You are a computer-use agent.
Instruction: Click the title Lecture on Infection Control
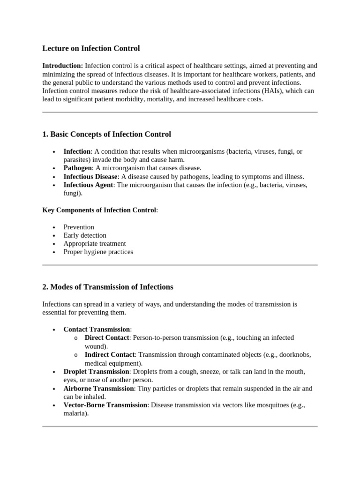pos(91,48)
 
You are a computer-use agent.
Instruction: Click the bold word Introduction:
pos(63,66)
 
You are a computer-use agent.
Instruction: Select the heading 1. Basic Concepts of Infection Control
pos(106,135)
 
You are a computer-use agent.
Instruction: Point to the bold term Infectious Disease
pos(90,177)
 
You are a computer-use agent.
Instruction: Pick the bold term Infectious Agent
pos(88,185)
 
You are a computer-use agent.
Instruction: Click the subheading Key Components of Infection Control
pos(99,210)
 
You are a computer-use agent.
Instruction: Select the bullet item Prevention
pos(79,227)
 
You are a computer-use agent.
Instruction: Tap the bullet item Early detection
pos(85,235)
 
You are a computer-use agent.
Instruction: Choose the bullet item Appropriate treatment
pos(95,244)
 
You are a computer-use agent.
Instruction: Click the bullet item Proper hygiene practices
pos(98,252)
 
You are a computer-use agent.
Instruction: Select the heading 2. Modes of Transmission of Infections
pos(107,287)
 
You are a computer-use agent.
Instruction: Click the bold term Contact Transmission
pos(97,330)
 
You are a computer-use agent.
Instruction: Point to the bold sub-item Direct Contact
pos(106,338)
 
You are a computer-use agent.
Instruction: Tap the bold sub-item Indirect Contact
pos(110,355)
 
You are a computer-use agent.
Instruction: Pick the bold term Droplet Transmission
pos(96,372)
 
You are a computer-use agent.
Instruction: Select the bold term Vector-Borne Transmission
pos(105,405)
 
